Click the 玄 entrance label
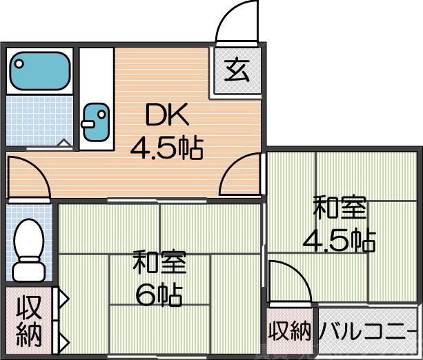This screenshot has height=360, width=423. (237, 70)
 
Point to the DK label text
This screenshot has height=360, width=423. (166, 115)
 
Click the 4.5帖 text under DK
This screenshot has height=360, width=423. (168, 146)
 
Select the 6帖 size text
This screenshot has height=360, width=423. (159, 295)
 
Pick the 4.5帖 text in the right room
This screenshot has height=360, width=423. (340, 239)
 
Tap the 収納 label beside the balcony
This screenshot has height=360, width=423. (290, 332)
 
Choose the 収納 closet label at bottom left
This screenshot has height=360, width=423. (28, 322)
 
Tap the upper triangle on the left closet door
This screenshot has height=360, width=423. (63, 299)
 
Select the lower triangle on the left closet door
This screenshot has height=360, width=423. (63, 341)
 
